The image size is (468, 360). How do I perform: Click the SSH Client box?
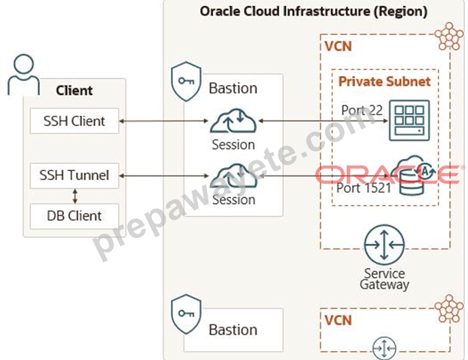[74, 121]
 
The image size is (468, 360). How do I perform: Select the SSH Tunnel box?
[74, 175]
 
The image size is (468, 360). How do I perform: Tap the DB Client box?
[74, 216]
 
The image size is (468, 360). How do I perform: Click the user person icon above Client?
[23, 75]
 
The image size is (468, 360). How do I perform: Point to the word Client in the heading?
[74, 90]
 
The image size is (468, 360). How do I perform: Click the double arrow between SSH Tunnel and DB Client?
[75, 196]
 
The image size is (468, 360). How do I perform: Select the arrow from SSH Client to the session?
[163, 121]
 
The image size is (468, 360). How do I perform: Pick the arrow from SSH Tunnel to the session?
[164, 176]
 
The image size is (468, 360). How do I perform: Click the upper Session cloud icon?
[233, 121]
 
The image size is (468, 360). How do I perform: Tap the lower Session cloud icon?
[233, 175]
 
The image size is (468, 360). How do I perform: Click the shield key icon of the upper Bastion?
[186, 81]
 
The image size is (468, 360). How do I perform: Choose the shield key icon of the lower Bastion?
[186, 314]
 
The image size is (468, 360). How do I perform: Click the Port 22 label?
[362, 110]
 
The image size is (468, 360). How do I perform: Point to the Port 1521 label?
[363, 188]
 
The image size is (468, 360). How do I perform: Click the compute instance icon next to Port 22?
[409, 121]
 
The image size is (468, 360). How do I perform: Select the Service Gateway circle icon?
[384, 245]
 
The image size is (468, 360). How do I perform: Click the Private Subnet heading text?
[384, 81]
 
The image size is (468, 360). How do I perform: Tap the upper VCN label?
[338, 46]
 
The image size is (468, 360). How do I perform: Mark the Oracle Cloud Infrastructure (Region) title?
[314, 11]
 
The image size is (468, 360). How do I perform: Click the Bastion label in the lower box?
[232, 330]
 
